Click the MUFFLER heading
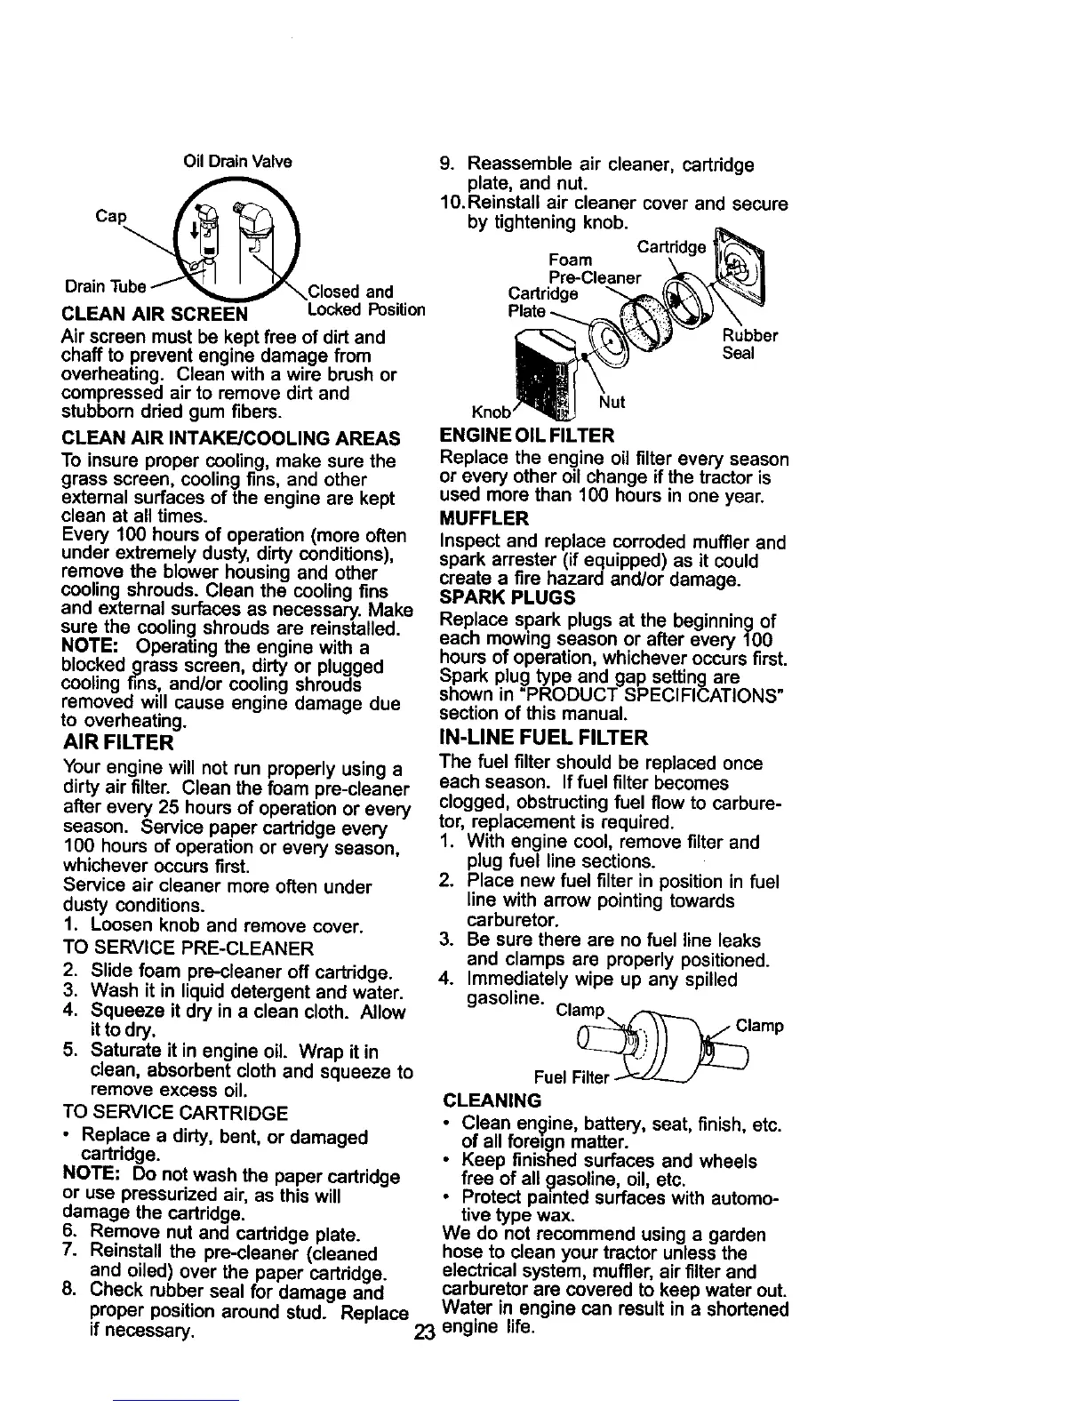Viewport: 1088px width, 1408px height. (x=484, y=518)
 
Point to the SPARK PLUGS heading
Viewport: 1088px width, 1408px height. (x=507, y=597)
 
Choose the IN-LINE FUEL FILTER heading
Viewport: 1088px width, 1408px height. (x=543, y=738)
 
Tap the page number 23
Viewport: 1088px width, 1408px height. (x=422, y=1332)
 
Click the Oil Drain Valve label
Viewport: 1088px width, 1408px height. (x=237, y=162)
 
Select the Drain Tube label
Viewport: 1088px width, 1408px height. (x=105, y=286)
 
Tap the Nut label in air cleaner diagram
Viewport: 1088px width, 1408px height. (x=612, y=403)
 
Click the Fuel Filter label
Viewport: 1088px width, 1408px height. (x=572, y=1077)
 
